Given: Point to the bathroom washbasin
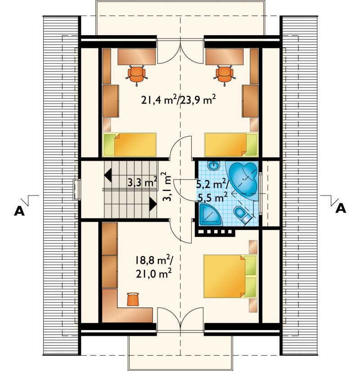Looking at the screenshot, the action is pyautogui.click(x=214, y=165).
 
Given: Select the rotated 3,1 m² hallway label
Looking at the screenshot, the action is pyautogui.click(x=166, y=187).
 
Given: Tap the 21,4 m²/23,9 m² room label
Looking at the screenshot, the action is pyautogui.click(x=179, y=100).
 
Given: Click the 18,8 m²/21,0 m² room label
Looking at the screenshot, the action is pyautogui.click(x=154, y=267).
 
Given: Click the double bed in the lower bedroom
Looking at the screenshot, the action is pyautogui.click(x=230, y=276).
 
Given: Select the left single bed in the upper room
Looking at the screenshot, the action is pyautogui.click(x=130, y=145).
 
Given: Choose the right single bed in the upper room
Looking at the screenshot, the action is pyautogui.click(x=231, y=145).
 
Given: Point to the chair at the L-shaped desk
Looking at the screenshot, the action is pyautogui.click(x=133, y=299).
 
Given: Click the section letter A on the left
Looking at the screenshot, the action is pyautogui.click(x=19, y=210).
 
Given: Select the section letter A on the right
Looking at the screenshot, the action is pyautogui.click(x=341, y=208).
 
